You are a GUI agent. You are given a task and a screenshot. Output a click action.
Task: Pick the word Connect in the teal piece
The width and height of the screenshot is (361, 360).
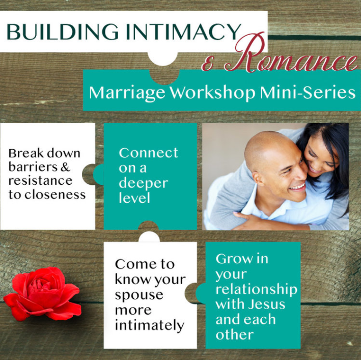coord(148,153)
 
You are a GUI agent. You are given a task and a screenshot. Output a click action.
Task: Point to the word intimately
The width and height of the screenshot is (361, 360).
coord(149,325)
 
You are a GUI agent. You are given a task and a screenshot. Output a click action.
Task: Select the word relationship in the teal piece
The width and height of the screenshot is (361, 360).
coord(256,289)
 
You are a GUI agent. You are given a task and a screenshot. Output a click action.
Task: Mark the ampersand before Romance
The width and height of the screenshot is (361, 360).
coord(209,63)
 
